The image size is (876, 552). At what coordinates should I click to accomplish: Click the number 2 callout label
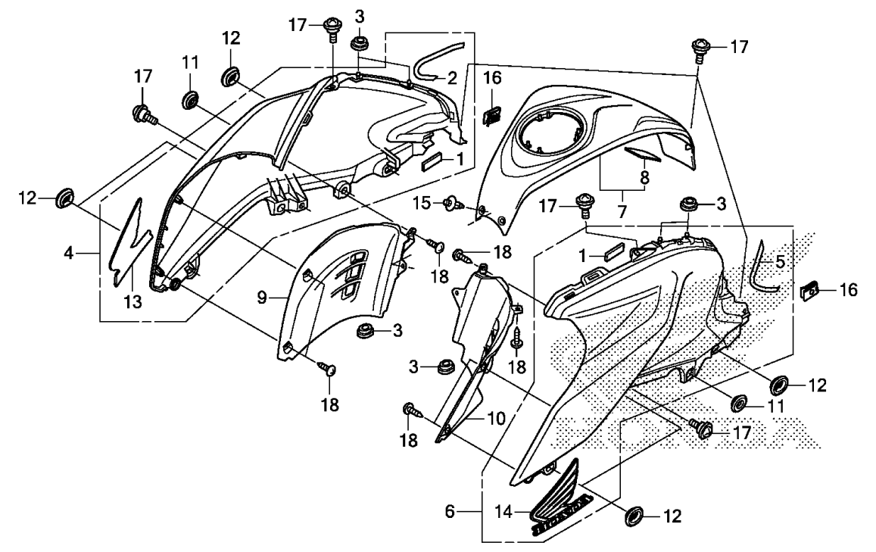point(451,77)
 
